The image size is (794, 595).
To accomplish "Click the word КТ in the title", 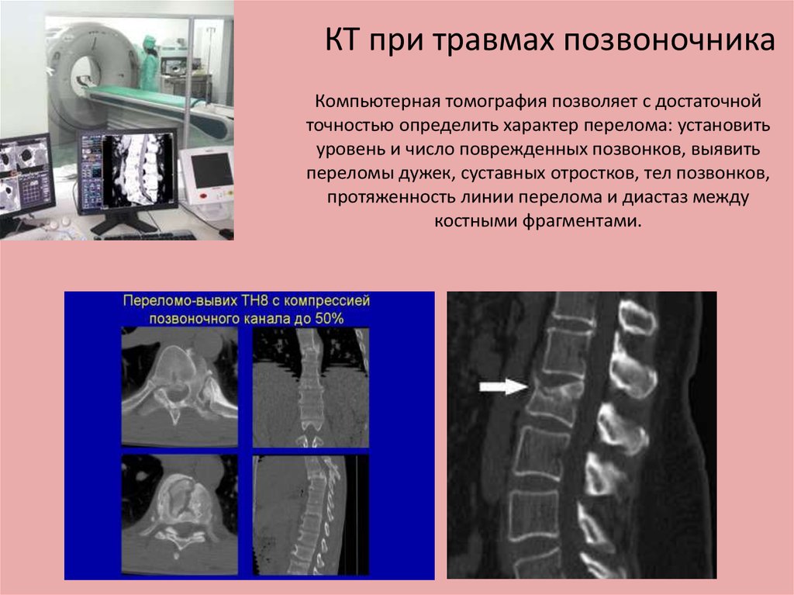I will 342,40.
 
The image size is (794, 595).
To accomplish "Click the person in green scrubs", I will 149,64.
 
